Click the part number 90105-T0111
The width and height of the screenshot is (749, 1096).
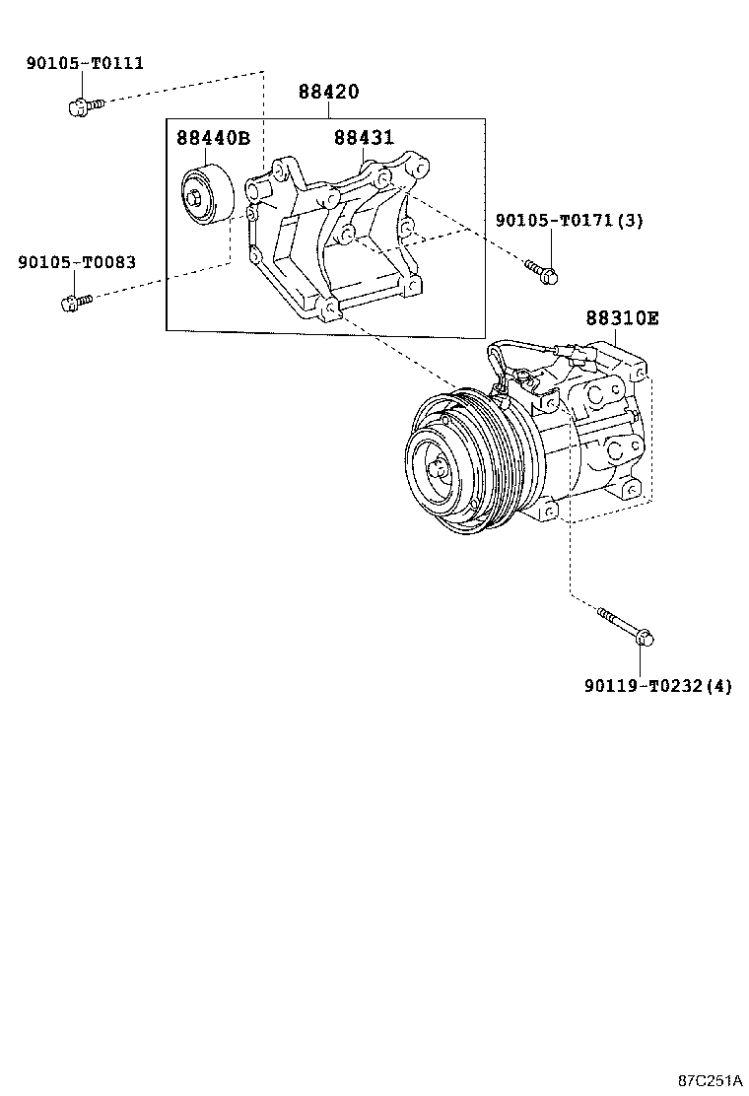(x=85, y=63)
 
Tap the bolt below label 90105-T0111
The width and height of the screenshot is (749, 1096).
(x=86, y=107)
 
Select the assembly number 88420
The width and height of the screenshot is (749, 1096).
(x=328, y=92)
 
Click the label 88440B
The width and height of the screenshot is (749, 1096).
(x=213, y=138)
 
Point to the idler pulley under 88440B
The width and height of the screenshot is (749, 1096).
(x=207, y=196)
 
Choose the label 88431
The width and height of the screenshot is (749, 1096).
(x=364, y=137)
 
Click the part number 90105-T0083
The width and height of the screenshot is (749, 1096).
(x=77, y=262)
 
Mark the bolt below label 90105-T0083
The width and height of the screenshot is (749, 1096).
(x=77, y=303)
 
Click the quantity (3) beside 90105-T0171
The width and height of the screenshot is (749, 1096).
(x=630, y=220)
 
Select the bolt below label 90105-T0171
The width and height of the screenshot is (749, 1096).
(x=542, y=272)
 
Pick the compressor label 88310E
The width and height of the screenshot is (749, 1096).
(x=622, y=318)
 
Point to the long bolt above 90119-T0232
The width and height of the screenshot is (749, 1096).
(x=626, y=626)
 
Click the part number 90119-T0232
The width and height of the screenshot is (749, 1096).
(x=643, y=686)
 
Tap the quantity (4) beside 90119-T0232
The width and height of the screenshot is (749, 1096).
(x=718, y=686)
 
